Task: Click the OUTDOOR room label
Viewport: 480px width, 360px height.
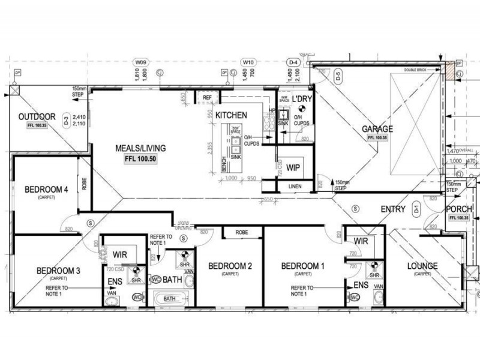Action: coord(37,117)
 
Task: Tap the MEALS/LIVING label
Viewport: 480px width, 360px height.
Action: coord(141,148)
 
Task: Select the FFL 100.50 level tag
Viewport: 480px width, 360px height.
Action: coord(141,160)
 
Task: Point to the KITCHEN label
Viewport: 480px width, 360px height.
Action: coord(231,115)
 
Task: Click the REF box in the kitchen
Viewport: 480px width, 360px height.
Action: coord(208,97)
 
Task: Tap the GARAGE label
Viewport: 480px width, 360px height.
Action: coord(377,129)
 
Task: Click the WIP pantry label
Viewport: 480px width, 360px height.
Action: coord(293,167)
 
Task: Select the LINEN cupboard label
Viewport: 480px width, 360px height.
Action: coord(295,187)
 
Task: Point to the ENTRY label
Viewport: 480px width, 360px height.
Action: coord(393,209)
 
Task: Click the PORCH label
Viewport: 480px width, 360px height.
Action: coord(459,209)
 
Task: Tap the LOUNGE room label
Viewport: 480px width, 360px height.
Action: coord(422,266)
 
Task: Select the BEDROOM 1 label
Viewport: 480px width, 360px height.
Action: coord(302,266)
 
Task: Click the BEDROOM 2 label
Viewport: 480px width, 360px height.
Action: coord(230,266)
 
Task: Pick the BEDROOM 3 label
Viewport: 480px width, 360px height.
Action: coord(58,271)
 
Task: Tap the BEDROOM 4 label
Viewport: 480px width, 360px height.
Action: coord(46,190)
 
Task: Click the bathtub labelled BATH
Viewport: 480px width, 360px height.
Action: coord(170,298)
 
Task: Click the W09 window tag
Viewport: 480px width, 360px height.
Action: coord(142,62)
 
